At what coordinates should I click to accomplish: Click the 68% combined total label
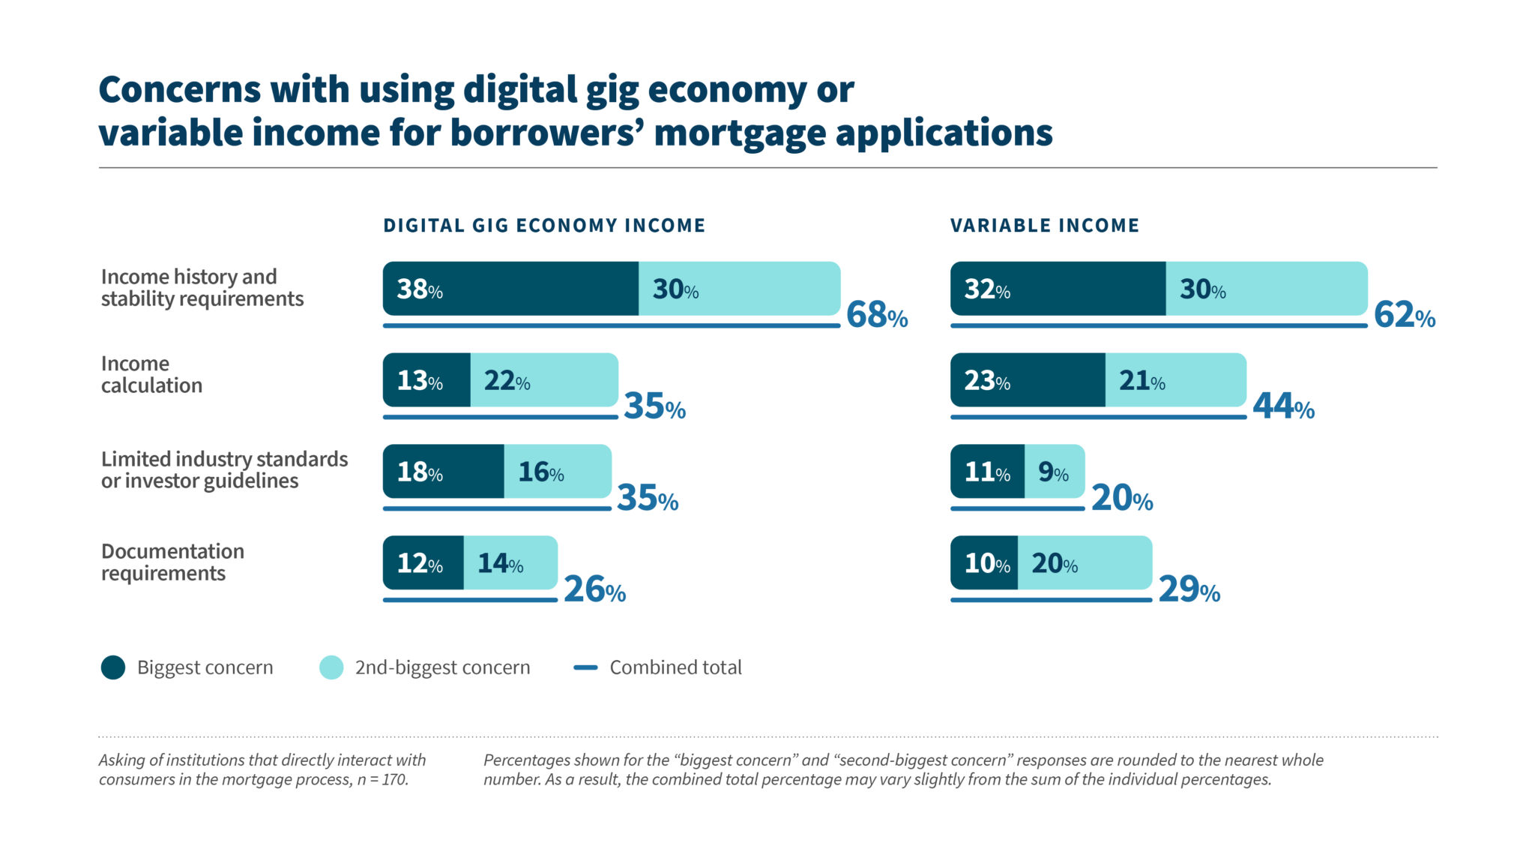point(876,315)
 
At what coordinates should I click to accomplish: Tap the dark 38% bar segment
point(510,289)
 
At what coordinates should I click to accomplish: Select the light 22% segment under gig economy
point(544,380)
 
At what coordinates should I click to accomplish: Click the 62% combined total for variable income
point(1404,315)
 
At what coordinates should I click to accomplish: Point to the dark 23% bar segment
point(1027,380)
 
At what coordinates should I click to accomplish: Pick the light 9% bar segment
point(1054,472)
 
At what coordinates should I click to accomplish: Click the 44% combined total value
point(1282,406)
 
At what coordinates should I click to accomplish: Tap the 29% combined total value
point(1189,589)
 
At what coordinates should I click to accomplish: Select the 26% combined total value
point(594,589)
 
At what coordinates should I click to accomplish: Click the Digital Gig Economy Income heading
point(544,226)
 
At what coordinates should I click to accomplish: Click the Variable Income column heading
point(1044,226)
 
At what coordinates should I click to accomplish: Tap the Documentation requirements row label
point(172,562)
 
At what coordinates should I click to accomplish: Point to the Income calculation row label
point(151,374)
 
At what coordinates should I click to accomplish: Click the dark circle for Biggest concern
point(113,667)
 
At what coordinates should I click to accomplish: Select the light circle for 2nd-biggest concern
point(331,667)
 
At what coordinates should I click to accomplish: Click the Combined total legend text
point(675,667)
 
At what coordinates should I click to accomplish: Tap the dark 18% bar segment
point(443,472)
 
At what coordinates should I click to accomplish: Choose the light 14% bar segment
point(510,563)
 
